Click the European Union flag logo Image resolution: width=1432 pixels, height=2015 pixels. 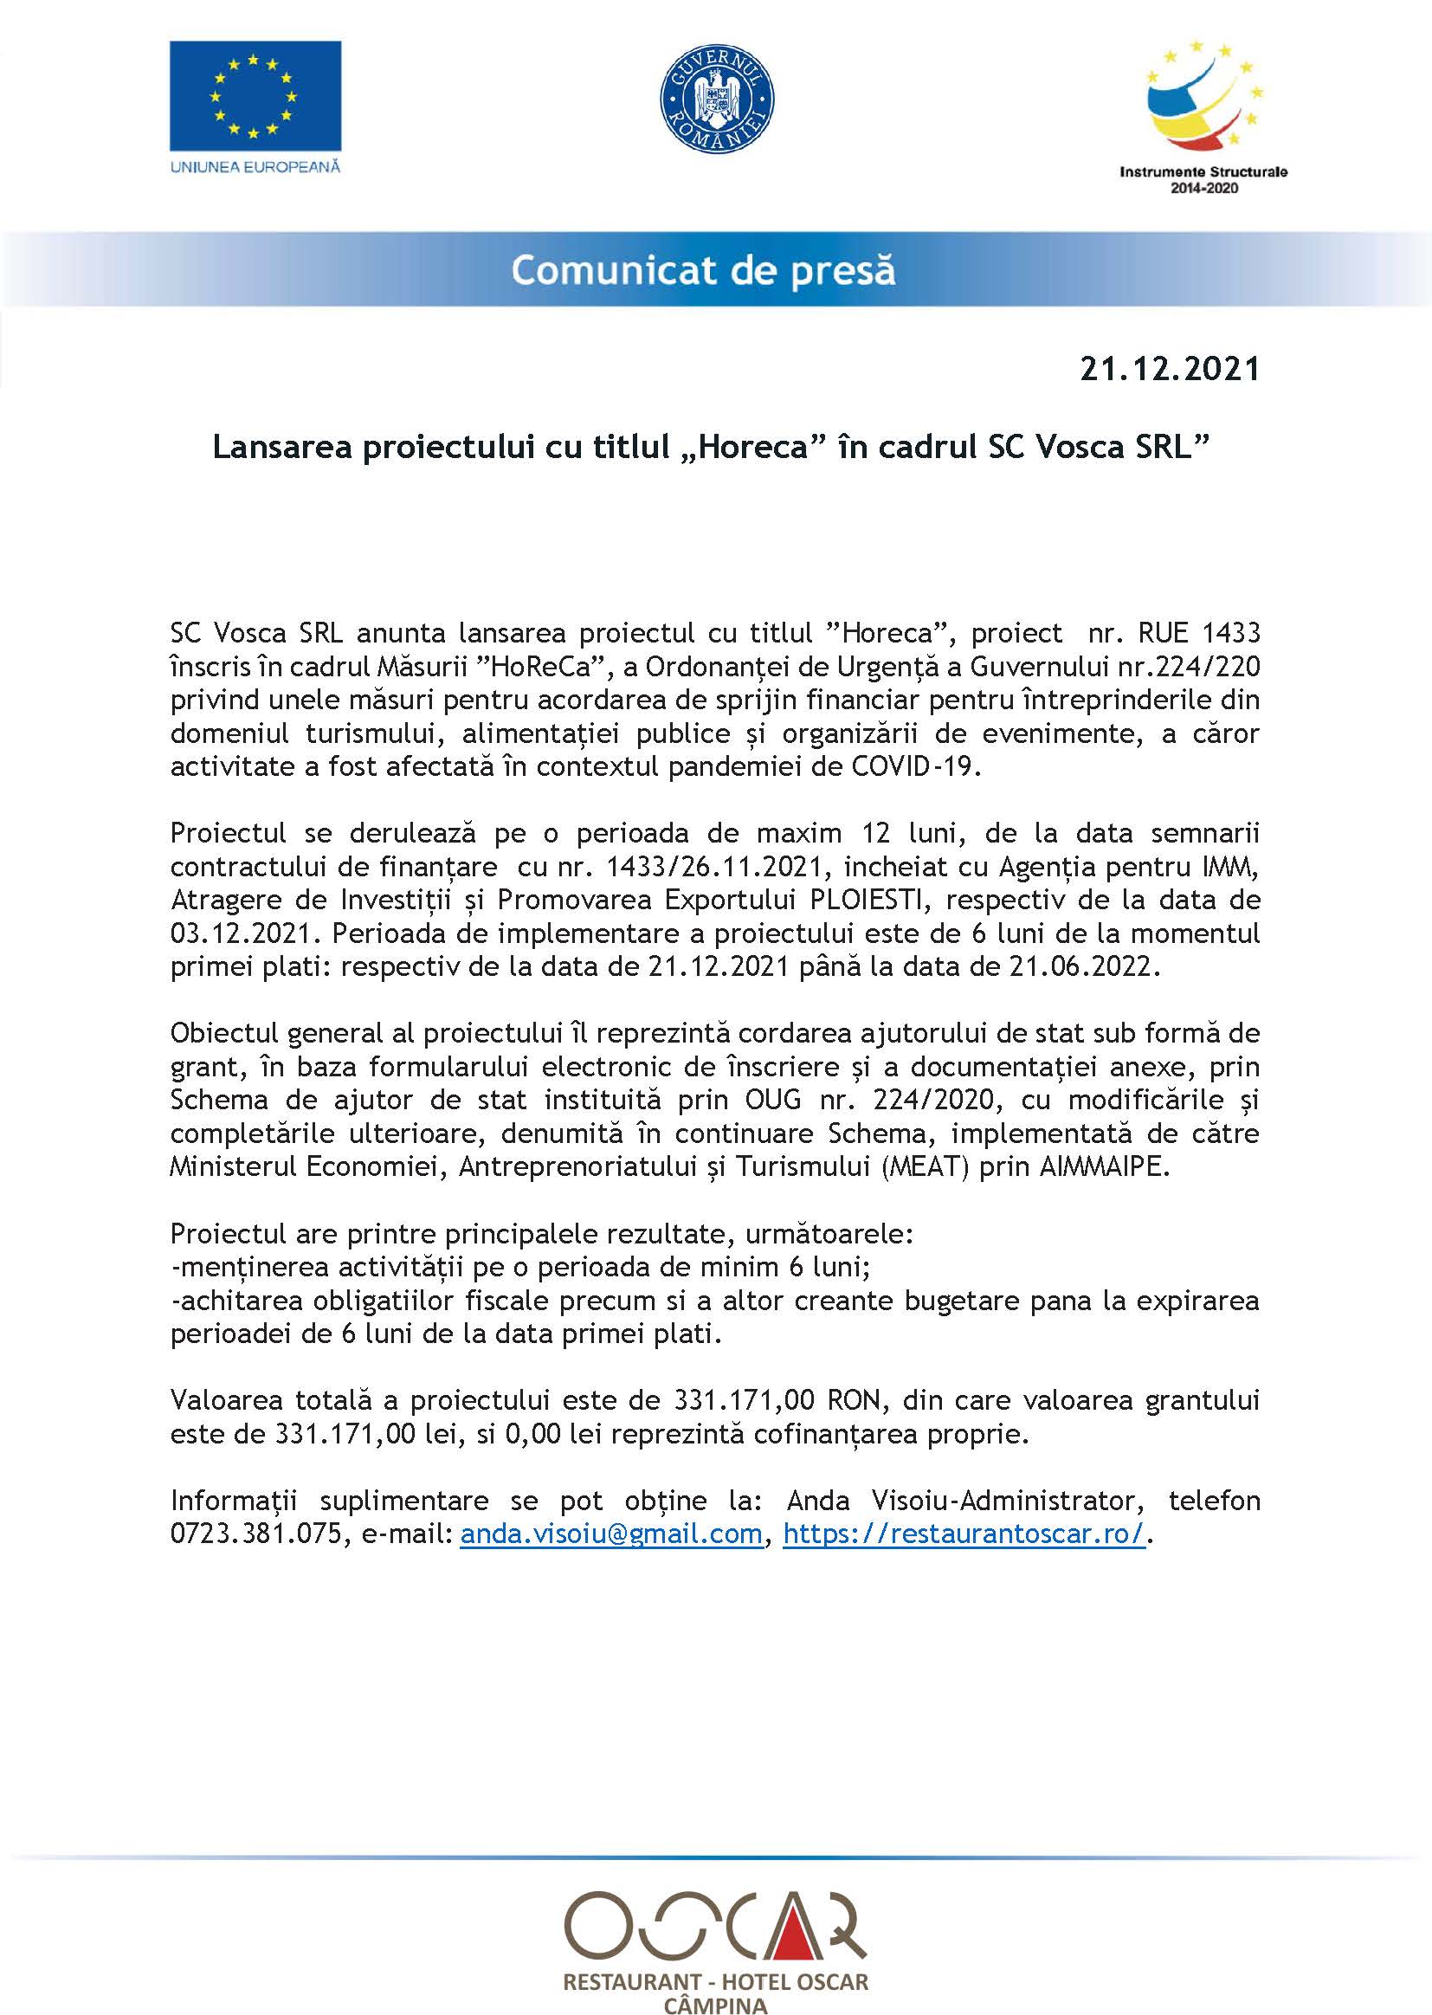255,96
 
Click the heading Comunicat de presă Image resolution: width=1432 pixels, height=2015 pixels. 703,270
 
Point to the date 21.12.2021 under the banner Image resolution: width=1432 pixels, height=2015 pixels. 1171,369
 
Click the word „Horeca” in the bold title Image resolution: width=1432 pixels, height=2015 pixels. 755,448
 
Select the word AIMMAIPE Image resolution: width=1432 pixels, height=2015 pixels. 1104,1166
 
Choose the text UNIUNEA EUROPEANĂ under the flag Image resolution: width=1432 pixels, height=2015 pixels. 255,165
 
